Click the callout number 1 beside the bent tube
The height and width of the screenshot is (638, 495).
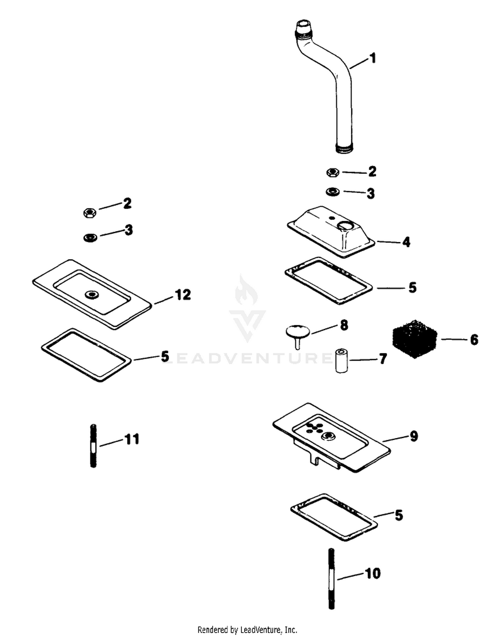(x=373, y=58)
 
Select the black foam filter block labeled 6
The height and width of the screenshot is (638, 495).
(x=414, y=338)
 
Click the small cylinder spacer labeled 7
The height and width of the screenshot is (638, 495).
(x=342, y=361)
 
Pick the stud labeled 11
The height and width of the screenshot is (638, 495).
(x=93, y=446)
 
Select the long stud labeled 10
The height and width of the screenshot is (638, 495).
(x=332, y=583)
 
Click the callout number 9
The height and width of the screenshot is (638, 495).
(x=414, y=436)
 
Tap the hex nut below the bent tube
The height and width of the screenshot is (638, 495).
(x=333, y=172)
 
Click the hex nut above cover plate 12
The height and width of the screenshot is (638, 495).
(x=89, y=213)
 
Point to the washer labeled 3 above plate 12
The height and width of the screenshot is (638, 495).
(x=90, y=237)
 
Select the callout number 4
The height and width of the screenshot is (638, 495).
(x=406, y=242)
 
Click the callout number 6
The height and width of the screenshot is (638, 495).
(x=474, y=339)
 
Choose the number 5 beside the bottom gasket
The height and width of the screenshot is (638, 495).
(x=399, y=515)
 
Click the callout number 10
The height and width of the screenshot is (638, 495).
(x=373, y=573)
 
